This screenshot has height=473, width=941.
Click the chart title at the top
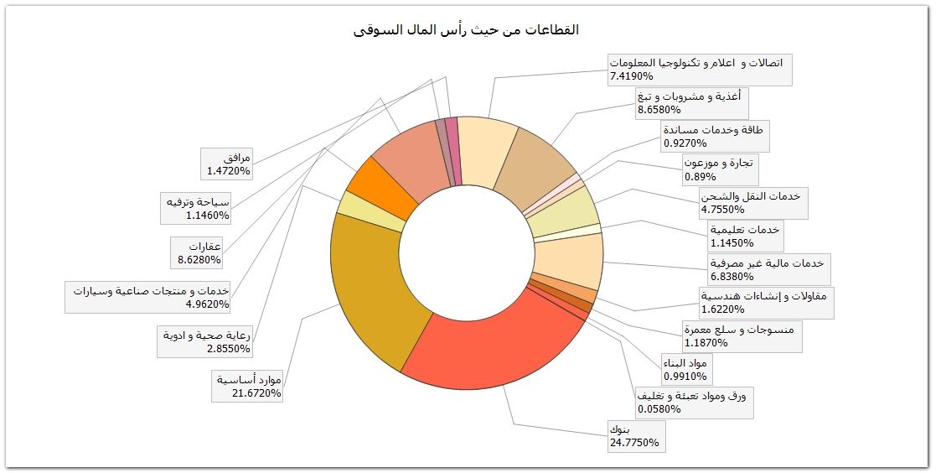click(x=467, y=30)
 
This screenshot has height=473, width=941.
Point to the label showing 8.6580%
click(x=687, y=103)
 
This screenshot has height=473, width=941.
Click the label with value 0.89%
click(x=719, y=170)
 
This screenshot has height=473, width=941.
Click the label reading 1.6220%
click(x=766, y=302)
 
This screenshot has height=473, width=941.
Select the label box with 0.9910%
click(x=684, y=369)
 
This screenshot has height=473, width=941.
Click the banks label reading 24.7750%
click(x=637, y=436)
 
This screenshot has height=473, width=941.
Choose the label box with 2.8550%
click(x=206, y=341)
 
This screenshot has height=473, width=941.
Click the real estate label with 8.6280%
click(x=198, y=252)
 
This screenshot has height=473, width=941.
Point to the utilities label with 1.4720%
click(x=227, y=164)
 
